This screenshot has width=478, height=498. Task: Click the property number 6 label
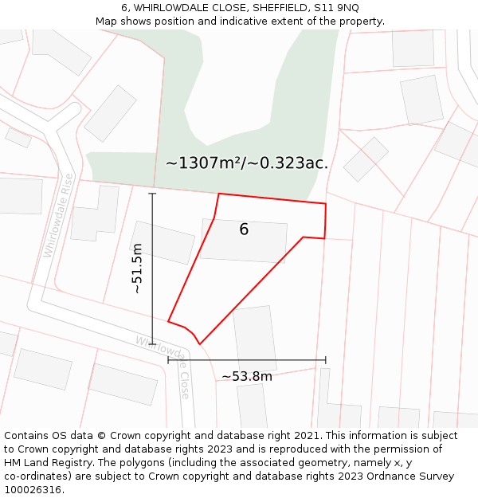pos(244,229)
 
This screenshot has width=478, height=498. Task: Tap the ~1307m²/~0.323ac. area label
pos(247,163)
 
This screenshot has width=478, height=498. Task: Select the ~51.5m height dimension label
pos(137,269)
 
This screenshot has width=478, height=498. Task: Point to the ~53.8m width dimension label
pos(247,376)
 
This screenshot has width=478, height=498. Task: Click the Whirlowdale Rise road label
pos(58,215)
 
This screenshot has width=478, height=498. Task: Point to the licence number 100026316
pos(33,490)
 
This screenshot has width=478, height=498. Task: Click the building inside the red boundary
pos(244,241)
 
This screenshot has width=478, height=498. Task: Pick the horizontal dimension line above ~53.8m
pos(247,360)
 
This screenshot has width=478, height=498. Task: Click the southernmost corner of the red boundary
pos(200,344)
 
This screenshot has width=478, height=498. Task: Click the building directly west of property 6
pos(163,242)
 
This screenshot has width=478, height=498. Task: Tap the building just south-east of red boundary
pos(255,339)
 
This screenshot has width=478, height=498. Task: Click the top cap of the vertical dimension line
pos(152,194)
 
